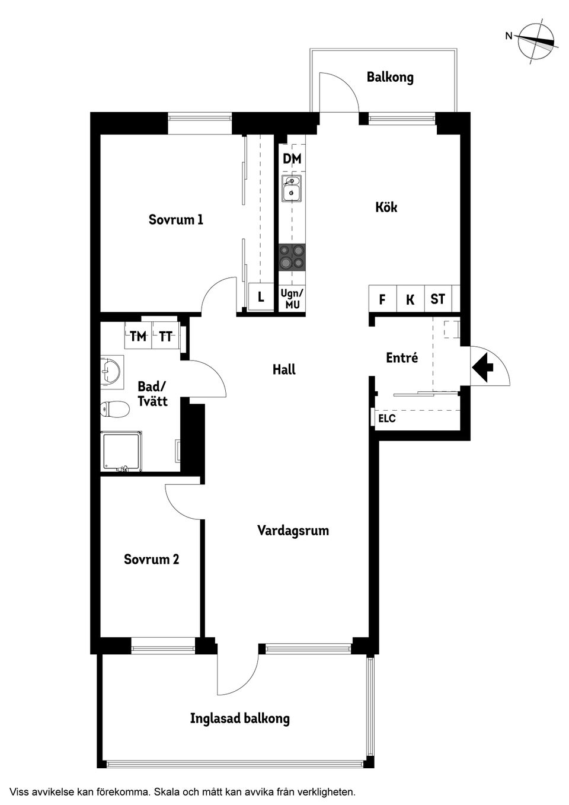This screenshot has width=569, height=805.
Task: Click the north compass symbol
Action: pyautogui.click(x=536, y=40)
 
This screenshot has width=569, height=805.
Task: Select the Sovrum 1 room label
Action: pyautogui.click(x=176, y=220)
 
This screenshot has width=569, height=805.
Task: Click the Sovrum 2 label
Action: pyautogui.click(x=151, y=559)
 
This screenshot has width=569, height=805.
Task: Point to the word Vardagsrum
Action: pyautogui.click(x=293, y=531)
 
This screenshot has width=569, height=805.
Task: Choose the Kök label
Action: pyautogui.click(x=386, y=207)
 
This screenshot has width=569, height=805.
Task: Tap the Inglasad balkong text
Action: pyautogui.click(x=239, y=718)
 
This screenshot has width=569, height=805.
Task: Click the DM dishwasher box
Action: pyautogui.click(x=292, y=159)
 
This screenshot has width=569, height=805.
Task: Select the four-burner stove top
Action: pyautogui.click(x=292, y=257)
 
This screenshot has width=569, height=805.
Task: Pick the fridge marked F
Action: pyautogui.click(x=382, y=299)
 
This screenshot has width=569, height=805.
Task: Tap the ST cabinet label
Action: pyautogui.click(x=437, y=299)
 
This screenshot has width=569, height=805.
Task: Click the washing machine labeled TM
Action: pyautogui.click(x=138, y=337)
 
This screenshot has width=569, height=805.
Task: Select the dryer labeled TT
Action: pyautogui.click(x=166, y=337)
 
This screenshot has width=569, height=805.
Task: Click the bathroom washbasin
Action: pyautogui.click(x=110, y=372)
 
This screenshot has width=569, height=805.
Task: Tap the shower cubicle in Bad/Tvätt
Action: pyautogui.click(x=121, y=452)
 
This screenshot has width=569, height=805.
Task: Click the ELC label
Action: pyautogui.click(x=387, y=419)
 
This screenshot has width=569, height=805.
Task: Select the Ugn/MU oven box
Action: pyautogui.click(x=292, y=299)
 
